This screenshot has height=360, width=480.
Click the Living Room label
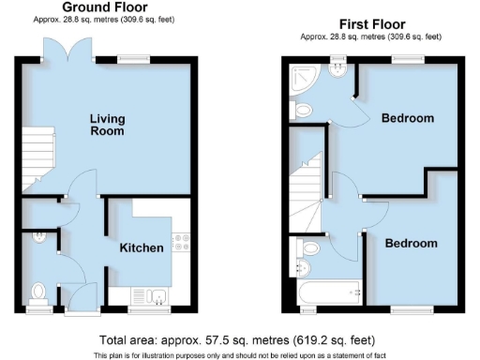[x=108, y=126]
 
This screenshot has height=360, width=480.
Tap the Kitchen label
[x=142, y=248]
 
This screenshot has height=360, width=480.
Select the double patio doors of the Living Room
[x=66, y=52]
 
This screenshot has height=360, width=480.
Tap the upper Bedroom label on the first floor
[x=407, y=118]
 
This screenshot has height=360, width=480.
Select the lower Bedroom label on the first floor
[x=412, y=243]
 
